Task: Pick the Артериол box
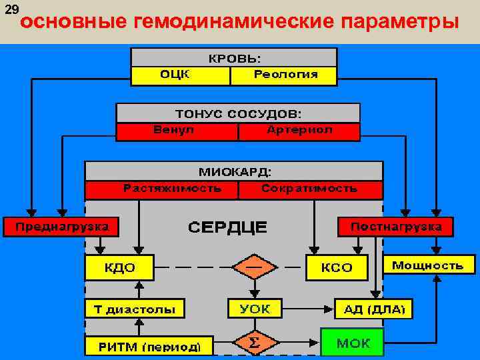click(299, 131)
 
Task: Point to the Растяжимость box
click(162, 189)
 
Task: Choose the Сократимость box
click(309, 189)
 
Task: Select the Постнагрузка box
click(395, 227)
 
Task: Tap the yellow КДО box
click(119, 268)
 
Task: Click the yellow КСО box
click(337, 268)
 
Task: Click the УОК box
click(254, 309)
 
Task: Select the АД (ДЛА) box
click(373, 309)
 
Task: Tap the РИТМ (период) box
click(149, 346)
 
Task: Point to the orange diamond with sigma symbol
click(253, 344)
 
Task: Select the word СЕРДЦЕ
click(227, 227)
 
